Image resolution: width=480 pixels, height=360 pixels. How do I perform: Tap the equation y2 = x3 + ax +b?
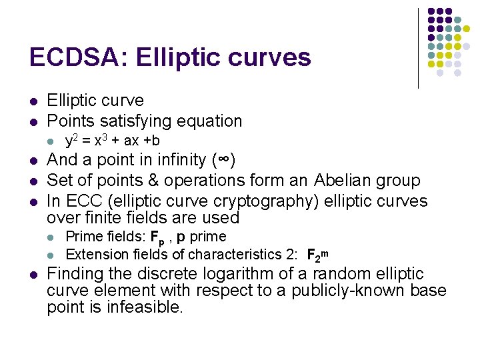click(x=112, y=141)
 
